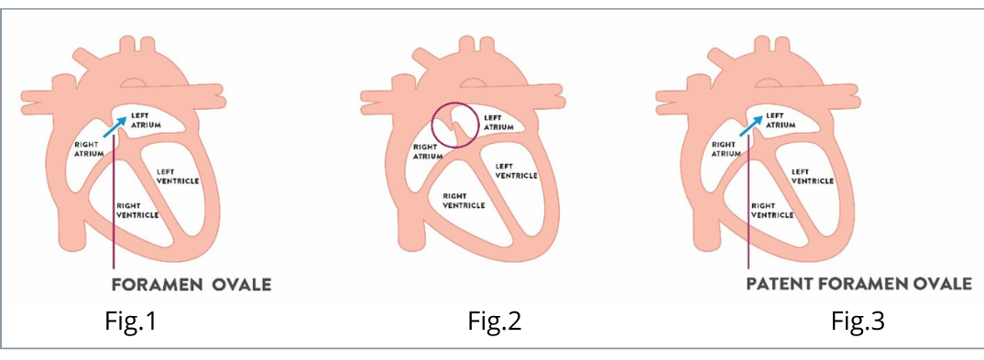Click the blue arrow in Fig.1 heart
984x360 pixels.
(115, 127)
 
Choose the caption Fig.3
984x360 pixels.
(860, 322)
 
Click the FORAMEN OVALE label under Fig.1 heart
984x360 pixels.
(191, 284)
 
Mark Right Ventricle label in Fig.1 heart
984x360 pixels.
(137, 210)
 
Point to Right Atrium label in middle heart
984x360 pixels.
(427, 151)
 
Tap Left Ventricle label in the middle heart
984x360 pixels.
(516, 171)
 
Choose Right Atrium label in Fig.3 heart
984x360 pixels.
(727, 149)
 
